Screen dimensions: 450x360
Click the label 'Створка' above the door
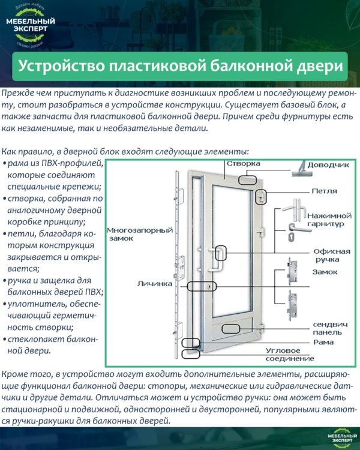pyautogui.click(x=243, y=163)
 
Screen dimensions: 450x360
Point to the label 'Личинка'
pyautogui.click(x=155, y=282)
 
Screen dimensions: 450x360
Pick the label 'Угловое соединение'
pyautogui.click(x=290, y=354)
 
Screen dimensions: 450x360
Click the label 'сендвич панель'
pyautogui.click(x=330, y=328)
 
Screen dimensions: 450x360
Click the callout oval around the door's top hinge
pyautogui.click(x=261, y=197)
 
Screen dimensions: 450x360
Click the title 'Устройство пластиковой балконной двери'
pyautogui.click(x=180, y=65)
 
